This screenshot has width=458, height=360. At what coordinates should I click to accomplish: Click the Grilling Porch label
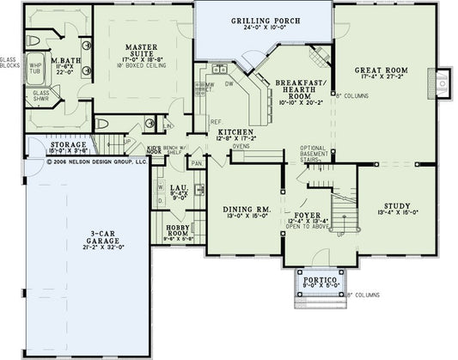point(262,20)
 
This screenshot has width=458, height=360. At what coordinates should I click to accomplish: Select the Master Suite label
point(138,48)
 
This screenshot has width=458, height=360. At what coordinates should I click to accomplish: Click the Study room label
point(395,206)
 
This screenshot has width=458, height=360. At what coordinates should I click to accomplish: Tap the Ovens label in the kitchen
point(241,147)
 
